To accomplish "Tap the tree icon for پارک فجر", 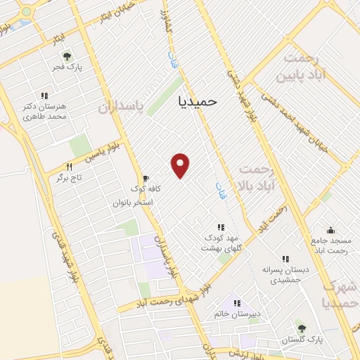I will pyautogui.click(x=67, y=56).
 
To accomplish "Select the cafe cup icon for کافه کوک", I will pyautogui.click(x=146, y=179).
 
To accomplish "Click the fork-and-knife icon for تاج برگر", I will pyautogui.click(x=69, y=167).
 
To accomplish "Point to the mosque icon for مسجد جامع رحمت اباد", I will pyautogui.click(x=330, y=230).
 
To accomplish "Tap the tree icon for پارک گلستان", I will pyautogui.click(x=302, y=328).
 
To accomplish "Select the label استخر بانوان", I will pyautogui.click(x=133, y=202).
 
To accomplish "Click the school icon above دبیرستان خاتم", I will pyautogui.click(x=238, y=303).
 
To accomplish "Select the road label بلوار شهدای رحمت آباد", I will pyautogui.click(x=169, y=295).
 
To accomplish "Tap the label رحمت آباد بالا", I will pyautogui.click(x=265, y=178).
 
